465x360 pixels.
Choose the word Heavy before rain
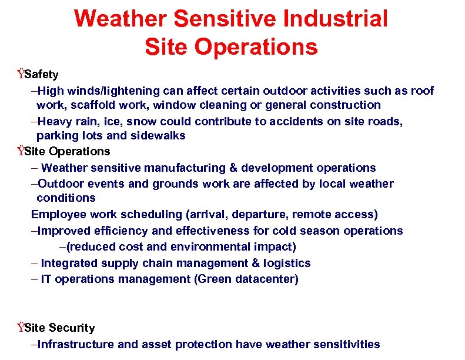pos(54,121)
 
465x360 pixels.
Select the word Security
pos(72,328)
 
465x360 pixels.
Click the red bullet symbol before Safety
pos(21,74)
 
